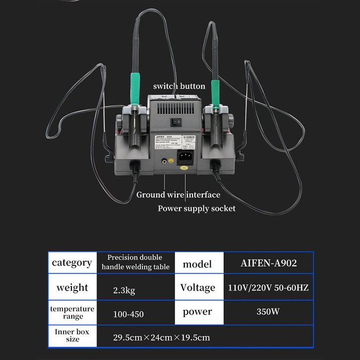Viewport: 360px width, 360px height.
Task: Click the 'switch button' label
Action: (179, 86)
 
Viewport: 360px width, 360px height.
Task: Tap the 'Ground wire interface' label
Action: (178, 195)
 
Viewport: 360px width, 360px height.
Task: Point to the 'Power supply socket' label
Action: (196, 208)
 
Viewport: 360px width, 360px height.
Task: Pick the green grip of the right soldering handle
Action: (215, 90)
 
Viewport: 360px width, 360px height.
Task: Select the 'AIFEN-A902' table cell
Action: (269, 263)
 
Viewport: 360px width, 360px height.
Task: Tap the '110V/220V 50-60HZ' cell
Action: (269, 288)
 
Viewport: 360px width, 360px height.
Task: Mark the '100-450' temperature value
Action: (128, 314)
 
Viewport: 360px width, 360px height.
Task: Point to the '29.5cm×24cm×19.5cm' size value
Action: (162, 338)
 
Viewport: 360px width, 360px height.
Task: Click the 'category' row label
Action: (72, 263)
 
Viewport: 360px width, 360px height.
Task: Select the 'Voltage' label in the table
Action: (197, 288)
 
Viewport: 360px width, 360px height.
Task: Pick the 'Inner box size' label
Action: (72, 335)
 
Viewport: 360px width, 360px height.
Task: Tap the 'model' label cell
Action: (197, 264)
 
